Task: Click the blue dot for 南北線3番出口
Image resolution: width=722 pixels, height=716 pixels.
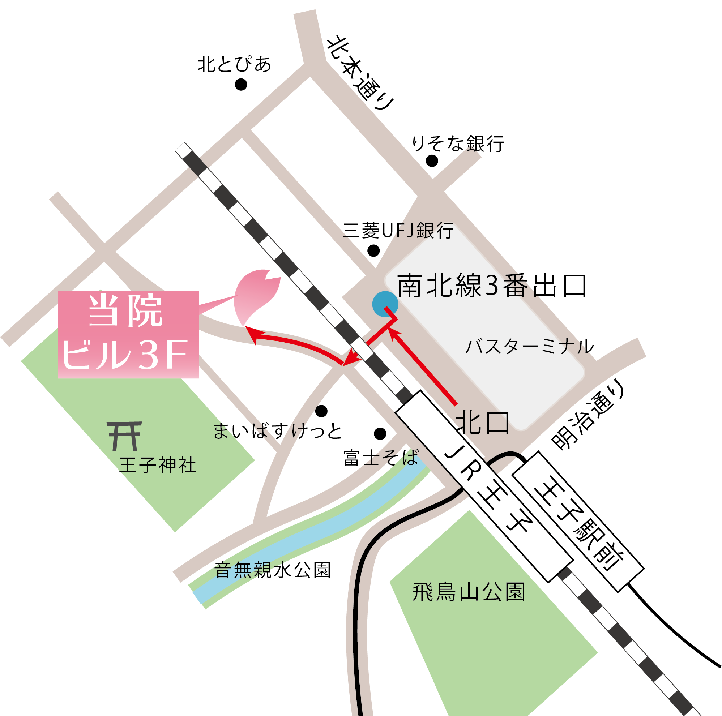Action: [385, 304]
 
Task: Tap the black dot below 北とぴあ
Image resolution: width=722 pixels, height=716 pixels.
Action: [241, 85]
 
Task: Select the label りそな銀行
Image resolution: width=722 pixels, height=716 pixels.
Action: [458, 143]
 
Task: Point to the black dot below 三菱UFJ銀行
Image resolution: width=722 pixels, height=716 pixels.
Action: [373, 250]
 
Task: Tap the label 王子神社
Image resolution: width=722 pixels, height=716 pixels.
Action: [158, 465]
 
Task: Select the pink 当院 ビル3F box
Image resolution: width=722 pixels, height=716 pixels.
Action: [128, 335]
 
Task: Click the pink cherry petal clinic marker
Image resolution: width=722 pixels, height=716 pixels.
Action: [257, 295]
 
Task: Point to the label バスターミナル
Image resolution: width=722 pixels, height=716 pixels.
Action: [530, 346]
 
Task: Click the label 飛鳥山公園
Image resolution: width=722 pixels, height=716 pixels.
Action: [469, 592]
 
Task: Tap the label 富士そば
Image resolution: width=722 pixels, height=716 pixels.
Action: [381, 458]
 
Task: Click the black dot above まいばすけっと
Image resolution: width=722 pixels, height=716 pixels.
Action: [321, 411]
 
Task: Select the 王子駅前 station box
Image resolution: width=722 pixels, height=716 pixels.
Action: [578, 522]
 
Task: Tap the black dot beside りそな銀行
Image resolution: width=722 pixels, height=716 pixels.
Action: [432, 160]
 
